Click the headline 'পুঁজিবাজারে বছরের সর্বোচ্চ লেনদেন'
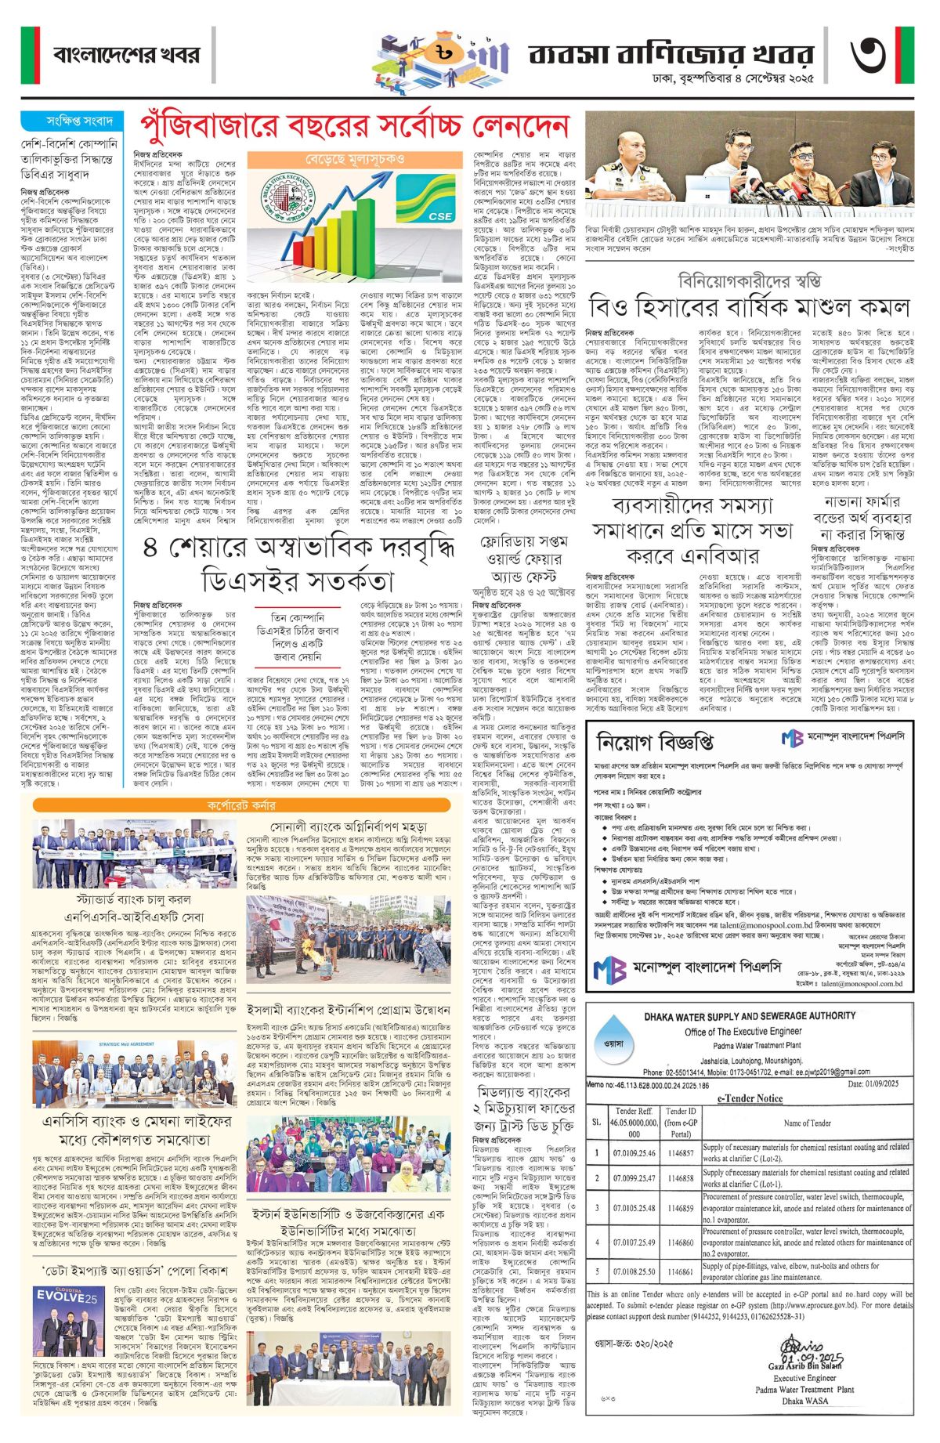click(353, 126)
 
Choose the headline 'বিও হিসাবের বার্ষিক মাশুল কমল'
click(750, 306)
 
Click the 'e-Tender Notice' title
click(750, 1098)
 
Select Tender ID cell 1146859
click(681, 1208)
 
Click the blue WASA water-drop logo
click(614, 1043)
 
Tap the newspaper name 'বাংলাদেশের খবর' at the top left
click(127, 55)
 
